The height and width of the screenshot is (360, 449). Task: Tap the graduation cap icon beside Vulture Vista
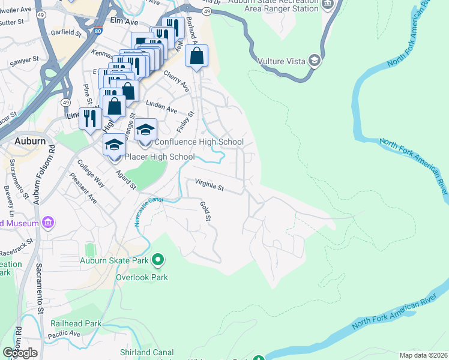(314, 60)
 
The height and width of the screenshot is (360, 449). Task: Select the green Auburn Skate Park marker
(158, 260)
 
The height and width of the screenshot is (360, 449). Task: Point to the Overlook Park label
(142, 277)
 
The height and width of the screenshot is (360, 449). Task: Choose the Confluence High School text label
(199, 142)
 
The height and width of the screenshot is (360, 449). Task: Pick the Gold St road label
(206, 211)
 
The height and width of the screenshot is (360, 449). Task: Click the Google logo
(20, 352)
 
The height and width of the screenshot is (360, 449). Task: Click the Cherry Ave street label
(177, 82)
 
